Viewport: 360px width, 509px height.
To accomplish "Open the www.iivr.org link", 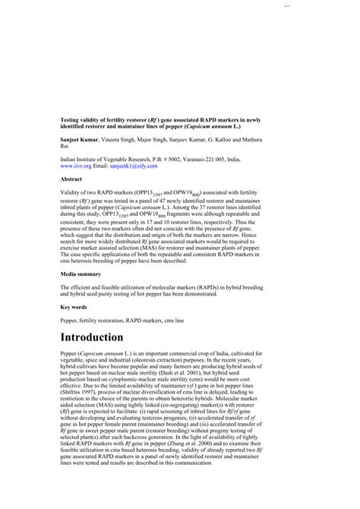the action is (76, 165).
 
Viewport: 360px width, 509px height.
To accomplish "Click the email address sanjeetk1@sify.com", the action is (137, 165).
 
